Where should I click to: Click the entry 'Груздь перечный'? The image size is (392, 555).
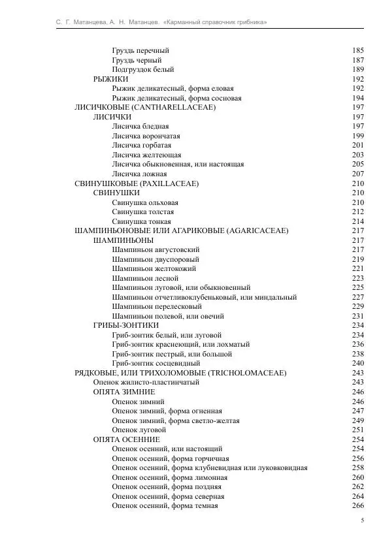click(x=140, y=50)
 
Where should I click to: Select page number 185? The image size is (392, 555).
click(x=357, y=50)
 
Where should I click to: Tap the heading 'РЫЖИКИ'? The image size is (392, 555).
click(x=110, y=79)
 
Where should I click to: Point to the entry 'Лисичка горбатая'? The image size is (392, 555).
click(x=142, y=145)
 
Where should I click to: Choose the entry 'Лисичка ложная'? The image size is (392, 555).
click(x=139, y=174)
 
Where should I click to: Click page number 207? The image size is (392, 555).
click(x=357, y=174)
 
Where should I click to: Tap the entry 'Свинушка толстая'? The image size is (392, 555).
click(x=142, y=212)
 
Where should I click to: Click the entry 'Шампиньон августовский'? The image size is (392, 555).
click(x=155, y=249)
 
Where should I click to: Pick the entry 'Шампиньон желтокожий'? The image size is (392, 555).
click(x=155, y=268)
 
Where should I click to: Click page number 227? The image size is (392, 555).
click(x=357, y=297)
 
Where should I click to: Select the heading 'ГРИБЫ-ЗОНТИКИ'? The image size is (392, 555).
click(x=126, y=325)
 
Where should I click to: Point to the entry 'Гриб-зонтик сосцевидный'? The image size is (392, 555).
click(x=155, y=363)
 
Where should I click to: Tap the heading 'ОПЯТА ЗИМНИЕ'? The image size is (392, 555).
click(x=124, y=392)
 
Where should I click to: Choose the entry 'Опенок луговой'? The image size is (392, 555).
click(x=138, y=430)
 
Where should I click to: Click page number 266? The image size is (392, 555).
click(x=357, y=505)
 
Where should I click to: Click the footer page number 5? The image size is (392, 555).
click(x=362, y=520)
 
